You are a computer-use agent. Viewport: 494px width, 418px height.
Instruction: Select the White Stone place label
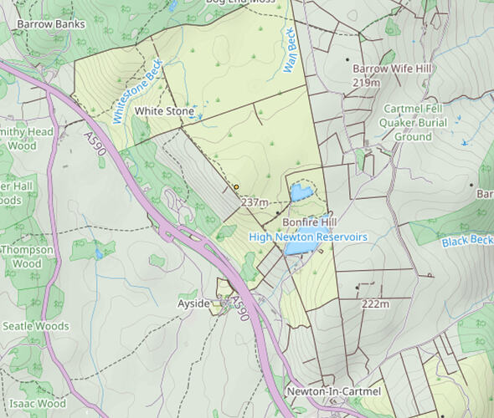pyautogui.click(x=164, y=111)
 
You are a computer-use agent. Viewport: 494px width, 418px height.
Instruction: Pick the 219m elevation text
pyautogui.click(x=367, y=83)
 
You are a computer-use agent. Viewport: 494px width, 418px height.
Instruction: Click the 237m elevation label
pyautogui.click(x=254, y=203)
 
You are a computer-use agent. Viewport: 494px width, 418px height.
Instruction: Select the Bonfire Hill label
pyautogui.click(x=307, y=223)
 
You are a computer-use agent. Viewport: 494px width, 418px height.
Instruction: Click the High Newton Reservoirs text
pyautogui.click(x=308, y=237)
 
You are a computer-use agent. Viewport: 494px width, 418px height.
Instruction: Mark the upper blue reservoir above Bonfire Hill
pyautogui.click(x=300, y=193)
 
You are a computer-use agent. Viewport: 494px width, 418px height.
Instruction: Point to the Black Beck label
pyautogui.click(x=467, y=241)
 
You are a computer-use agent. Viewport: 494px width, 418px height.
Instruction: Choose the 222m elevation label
pyautogui.click(x=376, y=304)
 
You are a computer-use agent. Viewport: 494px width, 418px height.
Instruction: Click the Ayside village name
pyautogui.click(x=193, y=303)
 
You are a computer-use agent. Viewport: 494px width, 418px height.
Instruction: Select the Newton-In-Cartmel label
pyautogui.click(x=333, y=391)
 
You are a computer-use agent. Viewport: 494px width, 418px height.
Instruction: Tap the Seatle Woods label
pyautogui.click(x=36, y=326)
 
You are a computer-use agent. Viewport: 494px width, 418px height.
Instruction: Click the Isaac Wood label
pyautogui.click(x=38, y=404)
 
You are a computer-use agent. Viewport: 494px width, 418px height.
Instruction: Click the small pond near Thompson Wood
pyautogui.click(x=99, y=252)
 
